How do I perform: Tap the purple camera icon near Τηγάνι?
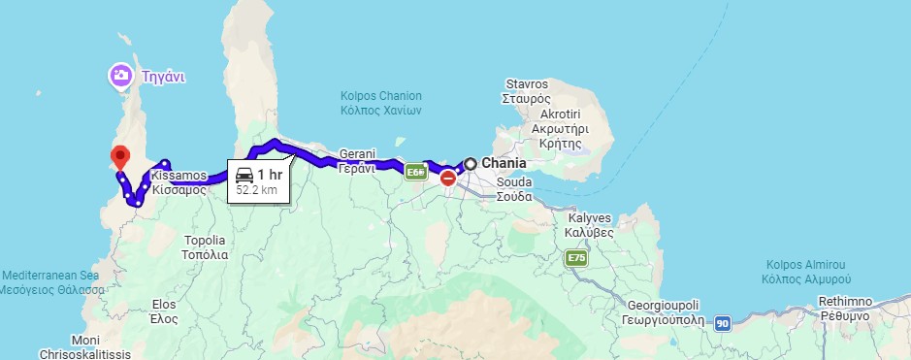click(x=121, y=75)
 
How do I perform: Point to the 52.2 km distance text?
click(x=256, y=190)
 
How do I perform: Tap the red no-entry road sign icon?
click(x=447, y=179)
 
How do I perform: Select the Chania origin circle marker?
click(x=471, y=164)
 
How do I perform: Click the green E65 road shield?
click(x=416, y=173)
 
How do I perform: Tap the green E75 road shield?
click(x=575, y=258)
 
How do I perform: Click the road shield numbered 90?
click(x=722, y=323)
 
